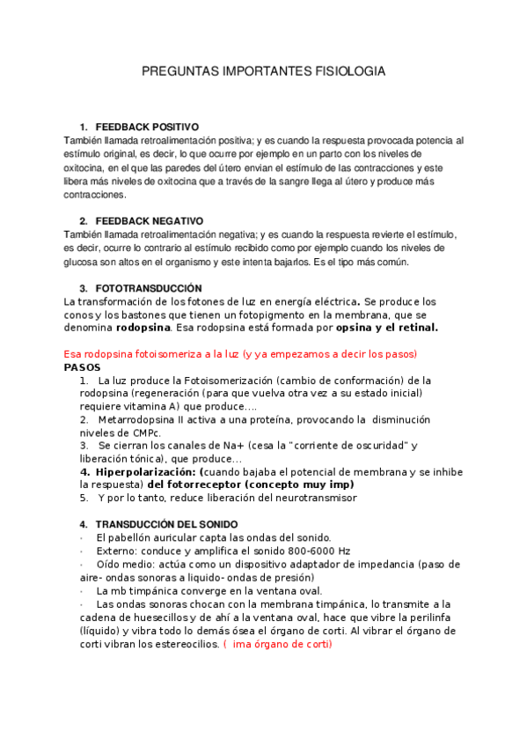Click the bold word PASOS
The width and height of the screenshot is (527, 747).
click(83, 366)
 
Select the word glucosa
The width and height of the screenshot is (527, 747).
click(85, 262)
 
